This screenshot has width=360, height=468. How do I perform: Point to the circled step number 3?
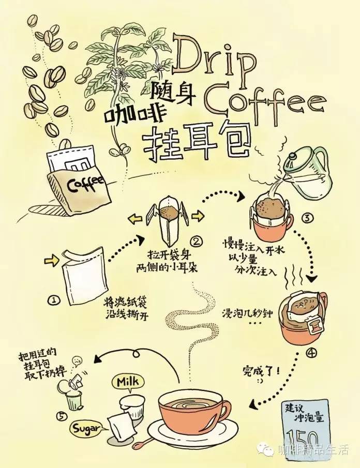click(x=307, y=218)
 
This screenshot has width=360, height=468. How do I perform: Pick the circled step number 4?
click(x=311, y=353)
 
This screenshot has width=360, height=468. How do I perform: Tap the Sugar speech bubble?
click(x=86, y=429)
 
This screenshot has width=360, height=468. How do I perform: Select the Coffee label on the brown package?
click(x=85, y=183)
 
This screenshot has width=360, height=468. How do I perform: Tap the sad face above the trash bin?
click(x=77, y=360)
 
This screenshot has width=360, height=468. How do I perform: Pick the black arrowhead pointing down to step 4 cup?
click(x=312, y=278)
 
